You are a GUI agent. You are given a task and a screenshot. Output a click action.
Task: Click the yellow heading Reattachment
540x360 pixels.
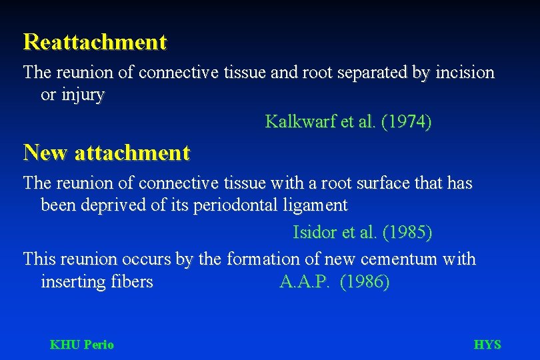coord(95,43)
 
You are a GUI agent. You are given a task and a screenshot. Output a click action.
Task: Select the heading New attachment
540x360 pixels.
coord(107,153)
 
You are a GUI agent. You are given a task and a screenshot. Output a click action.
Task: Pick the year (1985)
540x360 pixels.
coord(407,233)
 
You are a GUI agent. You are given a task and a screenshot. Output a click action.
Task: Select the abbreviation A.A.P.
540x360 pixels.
coord(305,282)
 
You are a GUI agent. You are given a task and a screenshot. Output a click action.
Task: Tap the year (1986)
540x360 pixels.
coord(365,282)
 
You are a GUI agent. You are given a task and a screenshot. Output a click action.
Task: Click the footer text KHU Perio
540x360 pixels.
coord(82,345)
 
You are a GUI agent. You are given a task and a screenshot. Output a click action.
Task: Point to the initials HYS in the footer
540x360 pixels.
coord(487,345)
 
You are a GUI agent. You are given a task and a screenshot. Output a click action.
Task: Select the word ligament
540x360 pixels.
coord(317,205)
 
